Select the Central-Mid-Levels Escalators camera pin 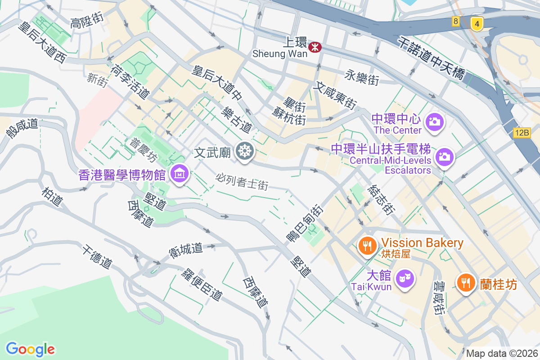(x=445, y=156)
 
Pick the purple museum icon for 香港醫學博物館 (x=180, y=173)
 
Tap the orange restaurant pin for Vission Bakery (x=368, y=245)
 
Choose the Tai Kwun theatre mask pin (x=405, y=279)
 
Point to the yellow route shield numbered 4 (x=477, y=23)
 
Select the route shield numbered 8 (x=456, y=21)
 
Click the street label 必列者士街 (x=242, y=181)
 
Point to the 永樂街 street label (x=362, y=77)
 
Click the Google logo (x=31, y=349)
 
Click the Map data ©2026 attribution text (x=501, y=353)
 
